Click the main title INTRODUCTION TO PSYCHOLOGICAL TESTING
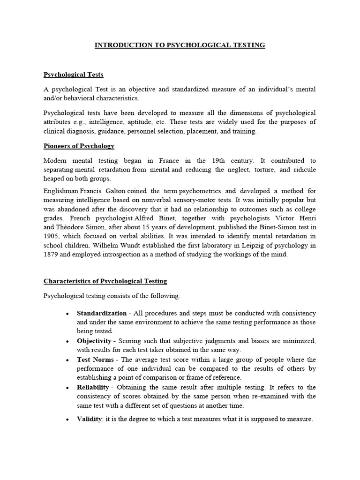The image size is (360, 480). pos(180,45)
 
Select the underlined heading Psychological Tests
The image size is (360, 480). pos(74,75)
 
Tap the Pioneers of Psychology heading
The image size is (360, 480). pos(79,146)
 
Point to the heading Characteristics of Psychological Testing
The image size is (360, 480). pos(105,281)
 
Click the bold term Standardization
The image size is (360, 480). pos(102,313)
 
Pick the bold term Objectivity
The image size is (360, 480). pos(94,341)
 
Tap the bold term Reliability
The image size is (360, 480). pos(93,387)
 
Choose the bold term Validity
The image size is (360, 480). pos(89,419)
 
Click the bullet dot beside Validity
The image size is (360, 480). pos(68,420)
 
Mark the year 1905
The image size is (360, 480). pos(51,237)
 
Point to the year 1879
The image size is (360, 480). pos(51,255)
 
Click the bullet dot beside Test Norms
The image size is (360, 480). pos(68,360)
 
